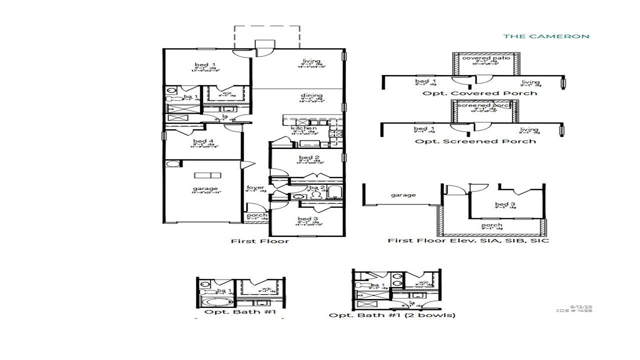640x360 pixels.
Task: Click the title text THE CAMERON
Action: [546, 36]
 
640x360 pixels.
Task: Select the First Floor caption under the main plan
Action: [259, 241]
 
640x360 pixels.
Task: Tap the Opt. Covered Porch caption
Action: [479, 93]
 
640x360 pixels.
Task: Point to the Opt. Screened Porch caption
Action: [475, 141]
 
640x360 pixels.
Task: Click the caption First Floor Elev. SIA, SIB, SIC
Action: [468, 240]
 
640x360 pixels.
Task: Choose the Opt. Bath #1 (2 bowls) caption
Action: [392, 315]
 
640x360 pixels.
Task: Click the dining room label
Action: [311, 95]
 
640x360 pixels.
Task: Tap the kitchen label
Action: [303, 128]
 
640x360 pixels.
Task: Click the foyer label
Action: [255, 187]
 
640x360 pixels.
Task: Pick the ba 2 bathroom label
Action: [316, 188]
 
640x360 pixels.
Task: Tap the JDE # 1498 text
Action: [581, 310]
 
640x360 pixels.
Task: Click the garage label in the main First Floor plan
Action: [204, 188]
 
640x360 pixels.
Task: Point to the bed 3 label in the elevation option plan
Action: [504, 204]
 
